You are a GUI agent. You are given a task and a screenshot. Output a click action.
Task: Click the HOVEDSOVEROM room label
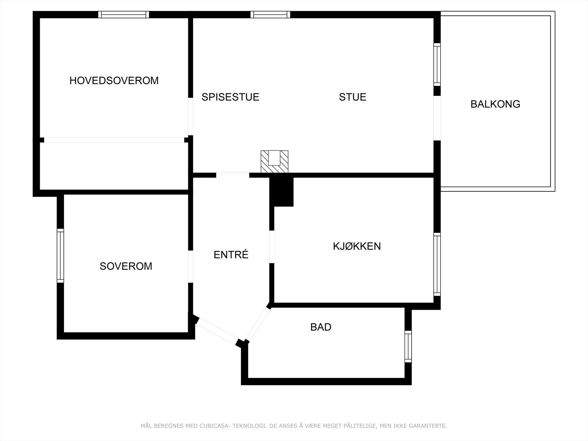(x=114, y=80)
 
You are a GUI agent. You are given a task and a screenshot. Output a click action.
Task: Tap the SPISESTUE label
(x=230, y=97)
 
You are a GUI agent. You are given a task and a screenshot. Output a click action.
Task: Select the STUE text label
(x=352, y=97)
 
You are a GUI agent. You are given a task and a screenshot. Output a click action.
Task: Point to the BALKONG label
(x=495, y=104)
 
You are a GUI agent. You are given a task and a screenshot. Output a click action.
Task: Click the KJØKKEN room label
(x=357, y=246)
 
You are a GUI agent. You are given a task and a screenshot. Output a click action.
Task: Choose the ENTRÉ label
(x=231, y=255)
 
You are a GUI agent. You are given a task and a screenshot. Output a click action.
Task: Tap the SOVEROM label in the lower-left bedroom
(x=126, y=266)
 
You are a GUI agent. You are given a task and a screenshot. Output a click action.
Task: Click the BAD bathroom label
(x=321, y=327)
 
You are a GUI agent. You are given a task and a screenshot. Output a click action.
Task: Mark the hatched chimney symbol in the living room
(x=275, y=161)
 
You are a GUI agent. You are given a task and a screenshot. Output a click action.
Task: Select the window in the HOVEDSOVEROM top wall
(x=124, y=15)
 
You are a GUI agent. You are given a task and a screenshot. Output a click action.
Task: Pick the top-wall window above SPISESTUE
(x=270, y=15)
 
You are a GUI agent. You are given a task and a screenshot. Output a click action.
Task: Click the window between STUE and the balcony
(x=437, y=65)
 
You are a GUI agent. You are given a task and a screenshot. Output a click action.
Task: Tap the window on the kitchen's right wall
(x=437, y=264)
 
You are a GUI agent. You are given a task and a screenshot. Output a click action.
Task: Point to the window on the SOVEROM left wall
(x=60, y=256)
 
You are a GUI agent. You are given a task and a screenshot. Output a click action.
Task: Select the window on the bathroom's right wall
(x=408, y=346)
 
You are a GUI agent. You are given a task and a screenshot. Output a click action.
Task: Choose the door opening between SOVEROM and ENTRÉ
(x=190, y=267)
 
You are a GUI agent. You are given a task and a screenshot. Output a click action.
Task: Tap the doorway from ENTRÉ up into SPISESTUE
(x=233, y=175)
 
